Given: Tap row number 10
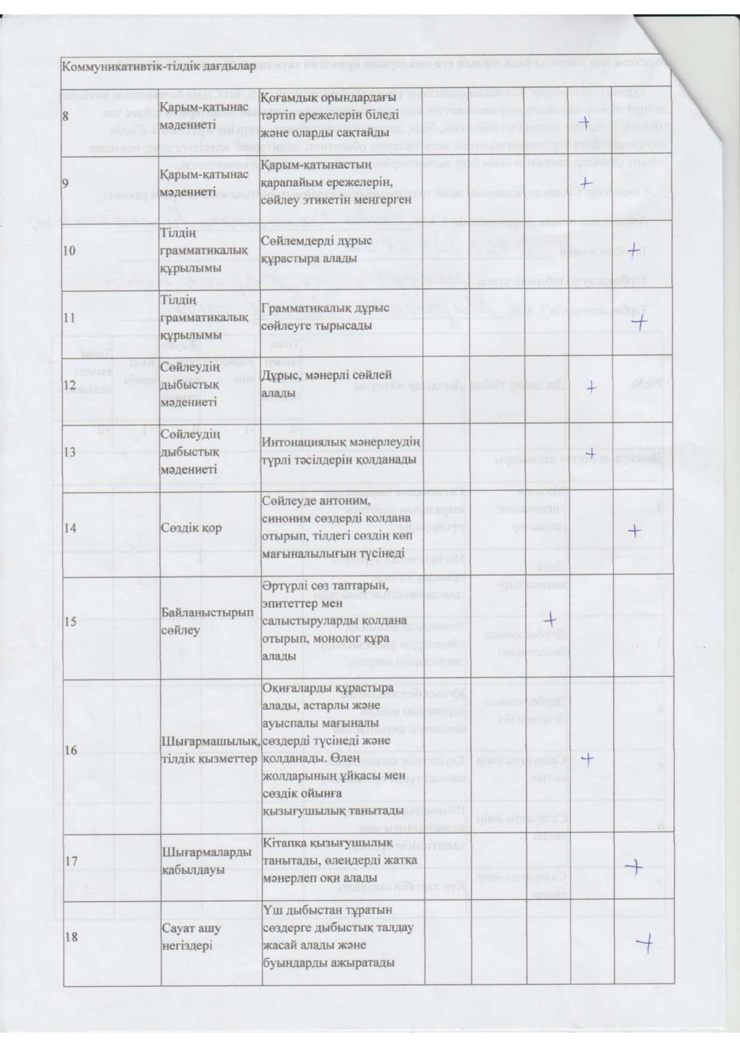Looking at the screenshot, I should pos(70,251).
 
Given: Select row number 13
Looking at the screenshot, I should pos(70,452).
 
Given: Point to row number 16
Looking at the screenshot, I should pos(70,750).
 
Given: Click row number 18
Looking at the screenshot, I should pos(70,937).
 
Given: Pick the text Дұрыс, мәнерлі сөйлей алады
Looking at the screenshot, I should pos(327,384).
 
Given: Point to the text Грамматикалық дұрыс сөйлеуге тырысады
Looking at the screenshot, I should pos(325,316).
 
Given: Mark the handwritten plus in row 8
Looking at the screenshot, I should pos(587,122).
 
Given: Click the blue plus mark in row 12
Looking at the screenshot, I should pos(591,387).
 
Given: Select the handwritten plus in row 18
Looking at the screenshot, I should pos(645,942).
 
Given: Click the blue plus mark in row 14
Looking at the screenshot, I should pos(635,530).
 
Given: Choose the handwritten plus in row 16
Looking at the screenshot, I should pos(588,759).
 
